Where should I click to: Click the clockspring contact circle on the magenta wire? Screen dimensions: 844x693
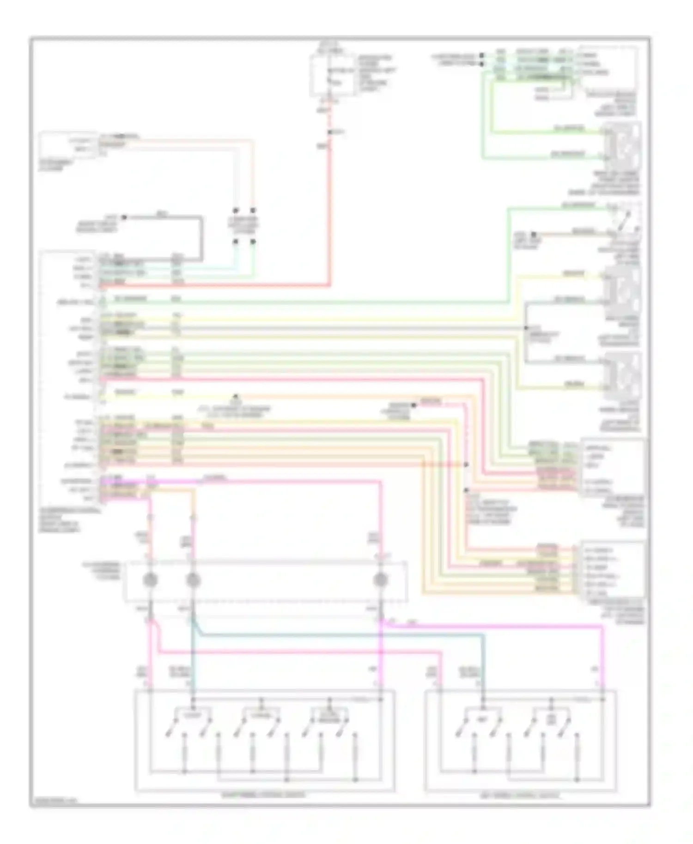[380, 580]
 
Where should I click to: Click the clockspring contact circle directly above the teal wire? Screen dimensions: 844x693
[193, 580]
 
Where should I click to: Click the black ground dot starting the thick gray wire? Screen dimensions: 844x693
[123, 217]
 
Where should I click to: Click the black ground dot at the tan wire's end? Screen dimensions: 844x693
[532, 234]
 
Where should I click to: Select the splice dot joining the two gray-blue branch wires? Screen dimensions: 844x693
[526, 328]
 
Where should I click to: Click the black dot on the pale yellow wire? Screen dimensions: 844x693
[236, 397]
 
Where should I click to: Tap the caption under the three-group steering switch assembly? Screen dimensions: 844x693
[263, 795]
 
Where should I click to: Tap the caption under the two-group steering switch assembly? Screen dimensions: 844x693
[520, 796]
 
